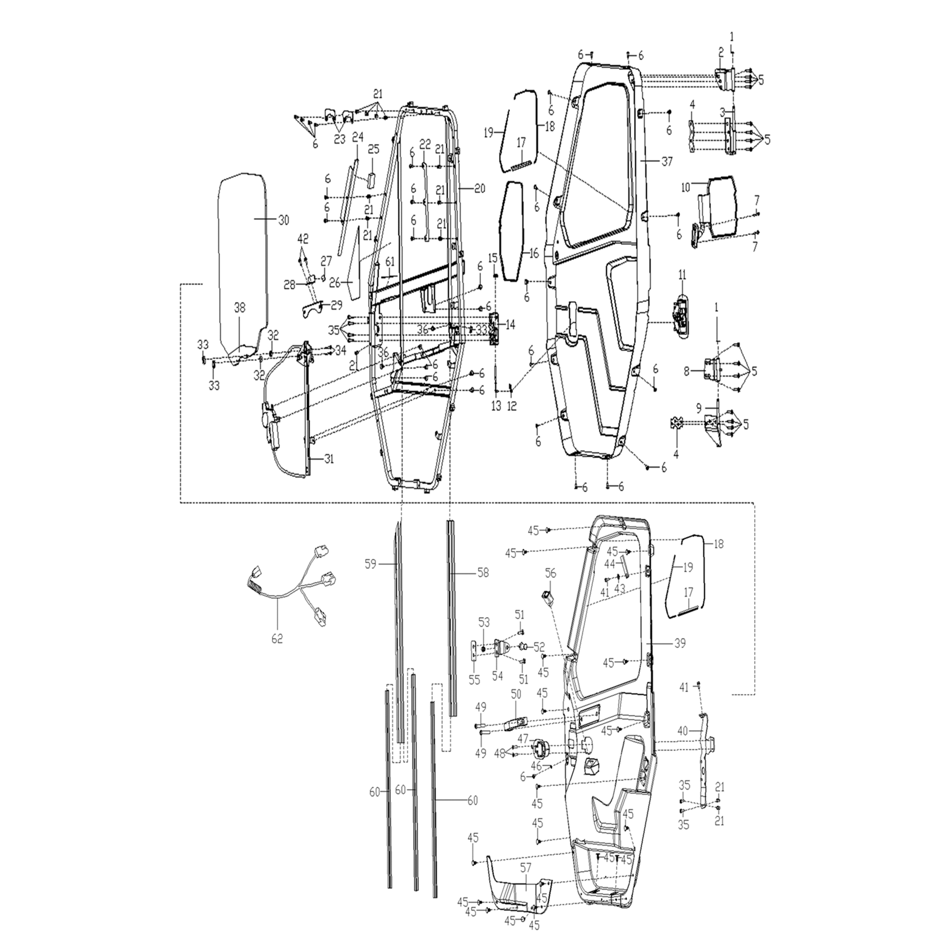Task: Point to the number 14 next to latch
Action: pyautogui.click(x=510, y=325)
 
